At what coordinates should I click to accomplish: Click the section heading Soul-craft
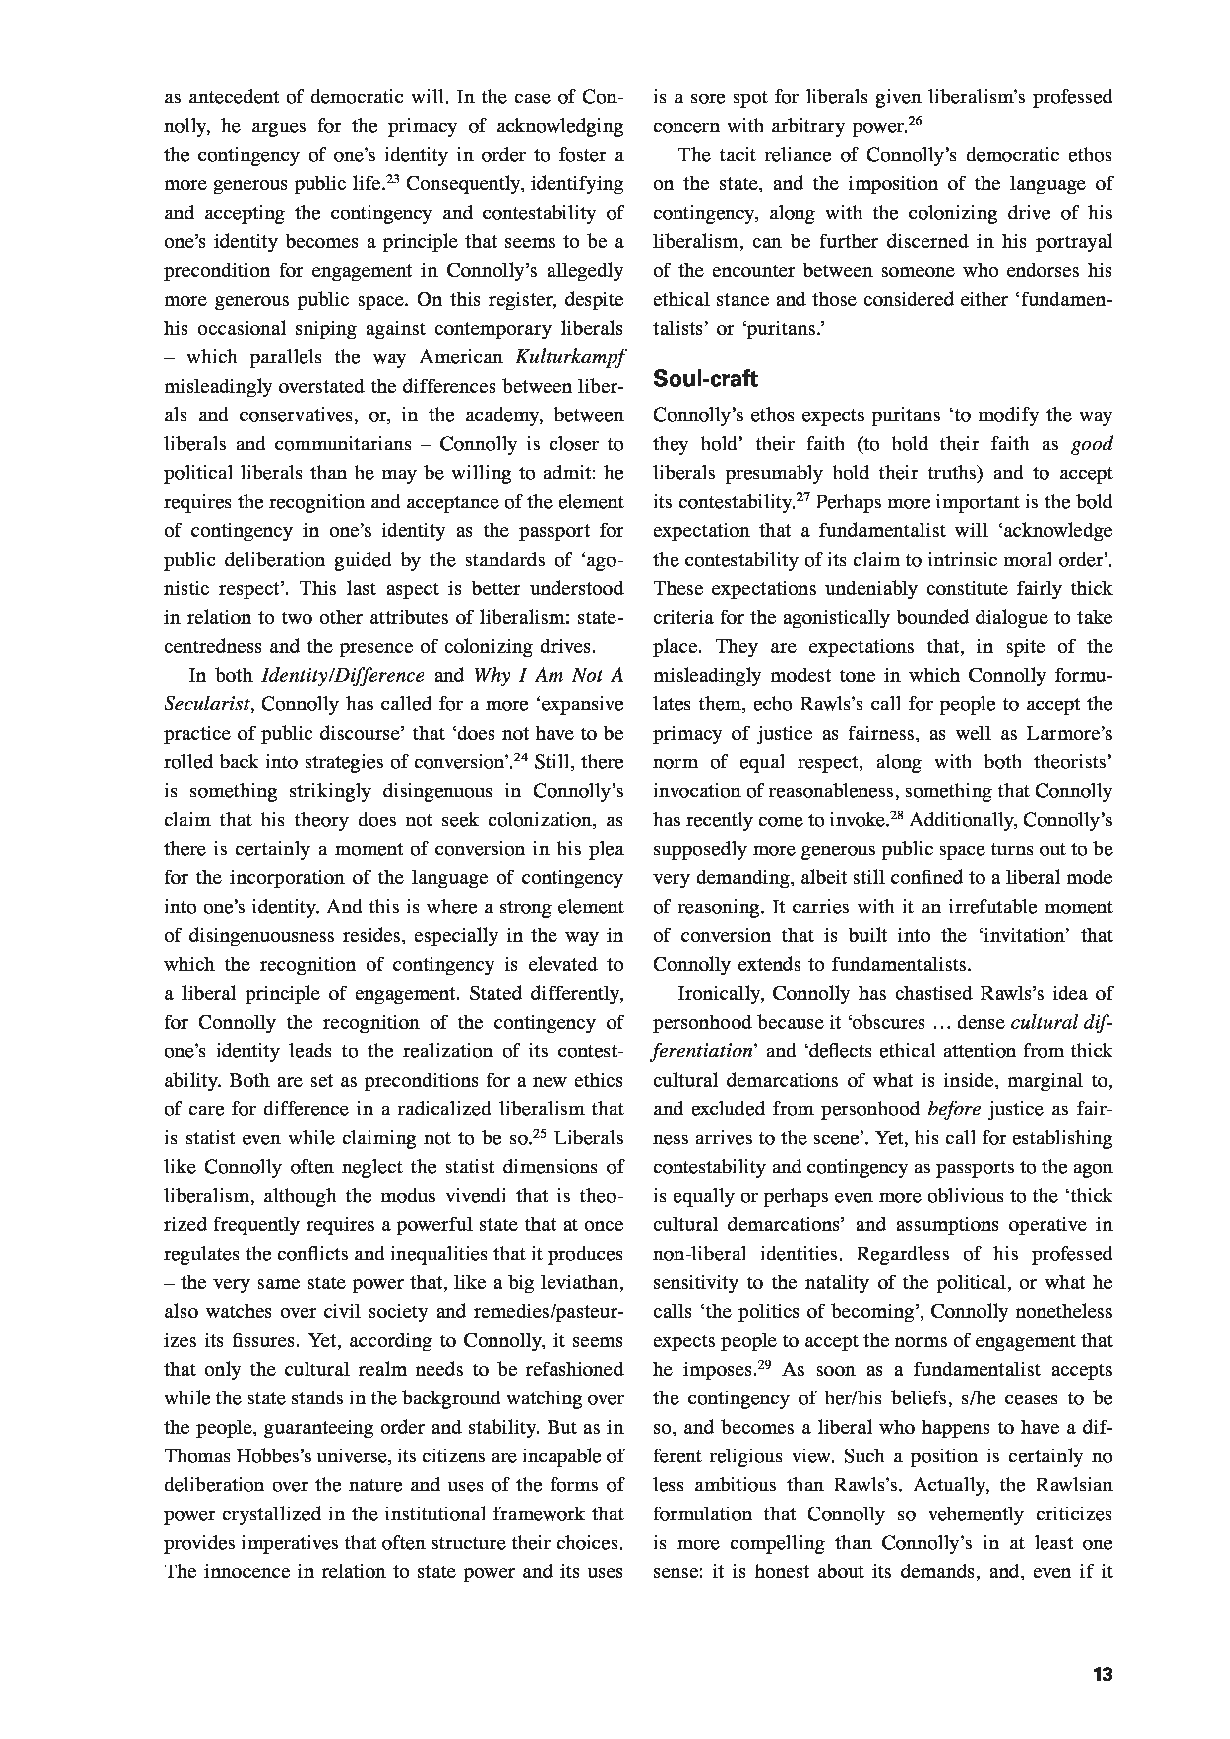point(705,379)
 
